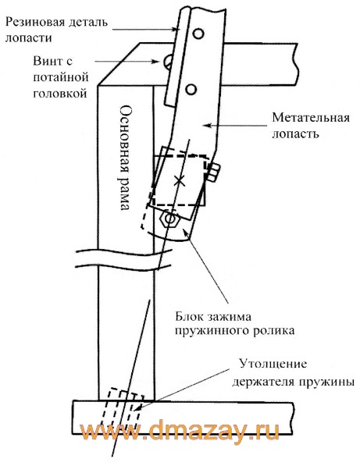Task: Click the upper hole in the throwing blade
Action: (198, 34)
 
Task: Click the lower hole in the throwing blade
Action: (191, 89)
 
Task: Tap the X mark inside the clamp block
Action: (179, 180)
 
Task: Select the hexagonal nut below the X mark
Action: (169, 219)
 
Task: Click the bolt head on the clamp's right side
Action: (214, 172)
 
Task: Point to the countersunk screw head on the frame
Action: (166, 62)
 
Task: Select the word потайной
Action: (61, 77)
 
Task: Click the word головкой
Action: (60, 94)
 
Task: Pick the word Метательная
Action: (311, 118)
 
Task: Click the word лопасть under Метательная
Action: (295, 134)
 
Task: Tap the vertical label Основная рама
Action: (126, 158)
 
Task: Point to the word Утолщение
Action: (273, 364)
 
